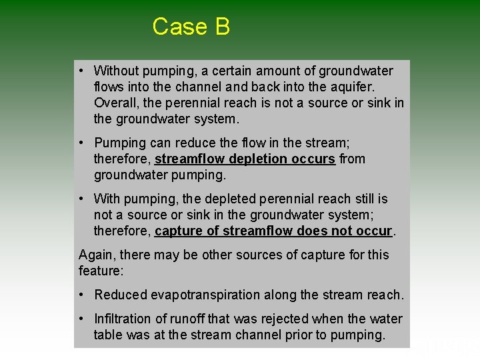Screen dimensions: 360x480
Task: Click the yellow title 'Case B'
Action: point(191,27)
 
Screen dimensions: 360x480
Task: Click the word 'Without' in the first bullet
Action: point(117,71)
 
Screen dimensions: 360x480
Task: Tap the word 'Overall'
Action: point(117,103)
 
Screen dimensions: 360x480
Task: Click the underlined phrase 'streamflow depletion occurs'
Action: point(245,159)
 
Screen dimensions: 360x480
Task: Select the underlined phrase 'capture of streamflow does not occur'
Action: point(273,231)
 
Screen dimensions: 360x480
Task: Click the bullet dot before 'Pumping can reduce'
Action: point(81,143)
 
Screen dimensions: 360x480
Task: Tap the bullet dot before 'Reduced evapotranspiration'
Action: point(81,295)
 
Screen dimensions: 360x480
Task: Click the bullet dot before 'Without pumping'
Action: point(81,71)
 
